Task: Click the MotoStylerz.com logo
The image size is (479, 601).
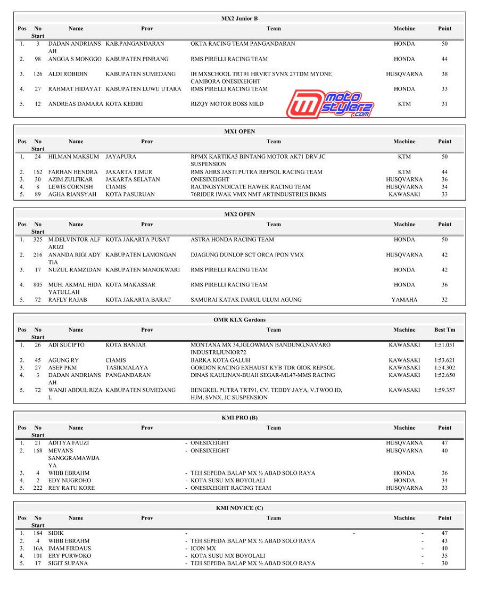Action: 330,104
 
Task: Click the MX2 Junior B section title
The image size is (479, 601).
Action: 240,19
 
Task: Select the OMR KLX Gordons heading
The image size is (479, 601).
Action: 240,320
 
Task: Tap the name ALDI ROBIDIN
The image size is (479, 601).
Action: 68,74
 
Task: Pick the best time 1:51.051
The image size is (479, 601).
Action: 444,345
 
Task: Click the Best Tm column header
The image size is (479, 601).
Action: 444,330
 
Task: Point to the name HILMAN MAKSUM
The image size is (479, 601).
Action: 73,157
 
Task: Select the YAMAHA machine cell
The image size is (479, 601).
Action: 404,300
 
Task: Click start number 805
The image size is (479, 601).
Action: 37,285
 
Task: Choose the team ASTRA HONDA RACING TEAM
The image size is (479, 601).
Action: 232,240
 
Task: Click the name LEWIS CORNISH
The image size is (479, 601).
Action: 70,187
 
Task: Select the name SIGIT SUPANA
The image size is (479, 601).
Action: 68,563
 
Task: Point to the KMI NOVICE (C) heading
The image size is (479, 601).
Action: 240,508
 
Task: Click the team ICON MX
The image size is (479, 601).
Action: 203,548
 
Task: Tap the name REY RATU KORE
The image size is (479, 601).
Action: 71,488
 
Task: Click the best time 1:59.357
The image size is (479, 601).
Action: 444,390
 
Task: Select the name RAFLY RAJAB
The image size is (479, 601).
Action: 68,300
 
